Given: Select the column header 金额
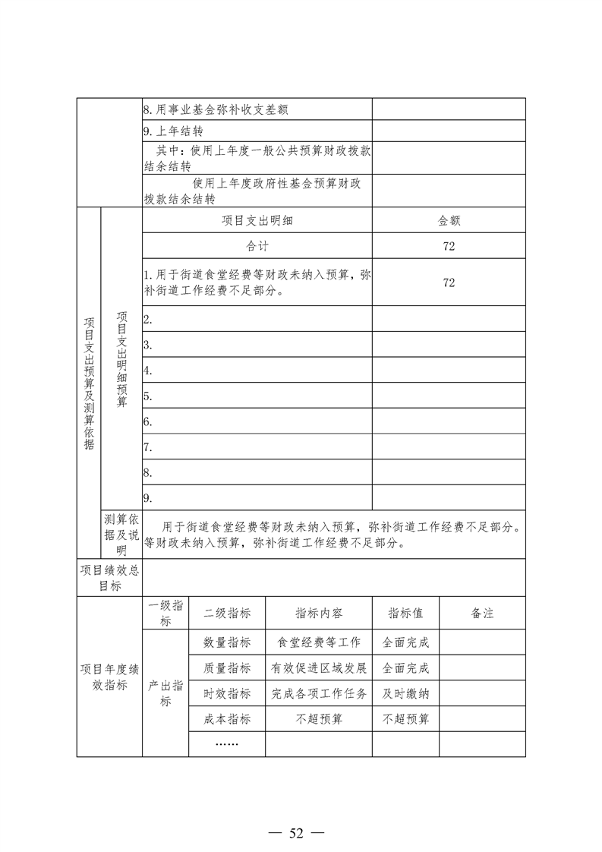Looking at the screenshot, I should coord(449,221).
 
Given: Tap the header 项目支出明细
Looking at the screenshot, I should coord(257,221).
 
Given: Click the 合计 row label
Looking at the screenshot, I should coord(257,246).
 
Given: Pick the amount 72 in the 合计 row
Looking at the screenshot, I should coord(449,246).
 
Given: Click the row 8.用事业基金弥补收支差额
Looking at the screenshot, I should coord(216,109).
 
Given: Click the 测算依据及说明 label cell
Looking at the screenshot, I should coord(121,535).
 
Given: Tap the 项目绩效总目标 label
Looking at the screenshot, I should coord(110,578).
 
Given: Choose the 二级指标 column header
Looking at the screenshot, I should coord(227,614).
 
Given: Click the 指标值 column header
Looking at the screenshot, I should coord(405,614).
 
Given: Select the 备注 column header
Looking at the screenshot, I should coord(482,614).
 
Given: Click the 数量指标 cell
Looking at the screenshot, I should coord(227,642).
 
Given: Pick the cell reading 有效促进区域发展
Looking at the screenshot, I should coord(319,668).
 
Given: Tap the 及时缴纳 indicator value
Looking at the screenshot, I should coord(405,693).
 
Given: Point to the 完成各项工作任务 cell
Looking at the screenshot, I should coord(319,693).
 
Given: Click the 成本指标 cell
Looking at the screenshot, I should coord(227,718).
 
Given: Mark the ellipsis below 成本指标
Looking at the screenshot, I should coord(227,743).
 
